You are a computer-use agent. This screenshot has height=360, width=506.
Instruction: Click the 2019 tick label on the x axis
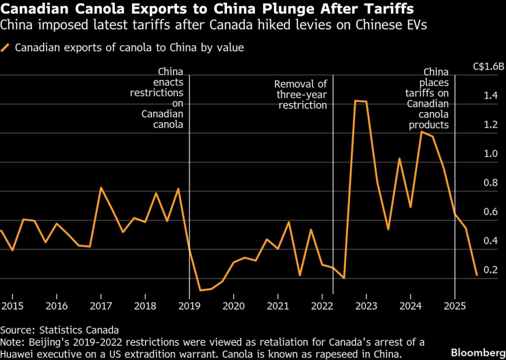[x=189, y=305]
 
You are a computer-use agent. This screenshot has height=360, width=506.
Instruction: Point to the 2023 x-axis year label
[x=366, y=305]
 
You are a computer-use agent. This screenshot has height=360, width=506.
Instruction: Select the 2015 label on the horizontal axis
[x=12, y=305]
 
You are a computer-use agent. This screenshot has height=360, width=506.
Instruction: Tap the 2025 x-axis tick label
[x=455, y=305]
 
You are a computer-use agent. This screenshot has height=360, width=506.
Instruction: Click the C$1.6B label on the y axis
[x=488, y=67]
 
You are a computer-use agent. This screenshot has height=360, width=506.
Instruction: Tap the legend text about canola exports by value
[x=129, y=49]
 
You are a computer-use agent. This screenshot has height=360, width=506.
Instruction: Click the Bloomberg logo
[x=476, y=351]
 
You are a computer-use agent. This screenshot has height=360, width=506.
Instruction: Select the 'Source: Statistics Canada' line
[x=60, y=329]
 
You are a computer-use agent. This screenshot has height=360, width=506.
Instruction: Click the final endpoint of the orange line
[x=476, y=275]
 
